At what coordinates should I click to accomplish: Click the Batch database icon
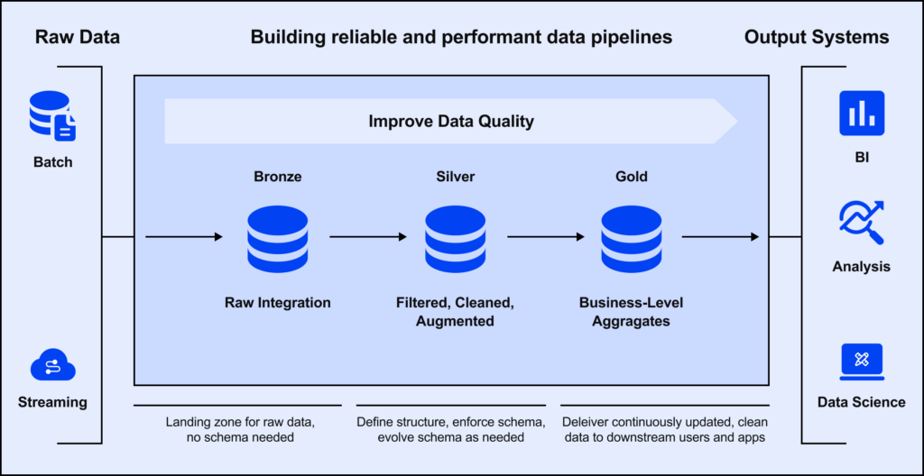[x=52, y=115]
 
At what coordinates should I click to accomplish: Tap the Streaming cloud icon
[x=52, y=367]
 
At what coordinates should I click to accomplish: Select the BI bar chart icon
[x=861, y=114]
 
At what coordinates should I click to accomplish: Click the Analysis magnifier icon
[x=861, y=222]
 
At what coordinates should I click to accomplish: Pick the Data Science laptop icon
[x=861, y=361]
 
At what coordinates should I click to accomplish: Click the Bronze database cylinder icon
[x=277, y=239]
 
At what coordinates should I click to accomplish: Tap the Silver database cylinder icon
[x=455, y=239]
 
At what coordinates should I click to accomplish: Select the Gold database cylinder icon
[x=632, y=239]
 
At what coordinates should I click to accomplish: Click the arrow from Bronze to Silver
[x=367, y=237]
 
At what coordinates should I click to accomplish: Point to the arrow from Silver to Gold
[x=545, y=237]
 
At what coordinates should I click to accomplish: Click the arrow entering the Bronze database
[x=184, y=237]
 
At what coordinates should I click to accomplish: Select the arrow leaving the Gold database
[x=719, y=237]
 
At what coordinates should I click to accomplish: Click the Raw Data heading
[x=78, y=37]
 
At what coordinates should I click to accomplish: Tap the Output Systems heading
[x=817, y=37]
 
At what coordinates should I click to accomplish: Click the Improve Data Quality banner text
[x=451, y=121]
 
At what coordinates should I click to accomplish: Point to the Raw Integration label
[x=277, y=303]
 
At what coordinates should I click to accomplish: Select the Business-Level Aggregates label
[x=632, y=312]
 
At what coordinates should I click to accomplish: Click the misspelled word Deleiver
[x=587, y=422]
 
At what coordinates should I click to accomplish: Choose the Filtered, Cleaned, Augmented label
[x=455, y=312]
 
